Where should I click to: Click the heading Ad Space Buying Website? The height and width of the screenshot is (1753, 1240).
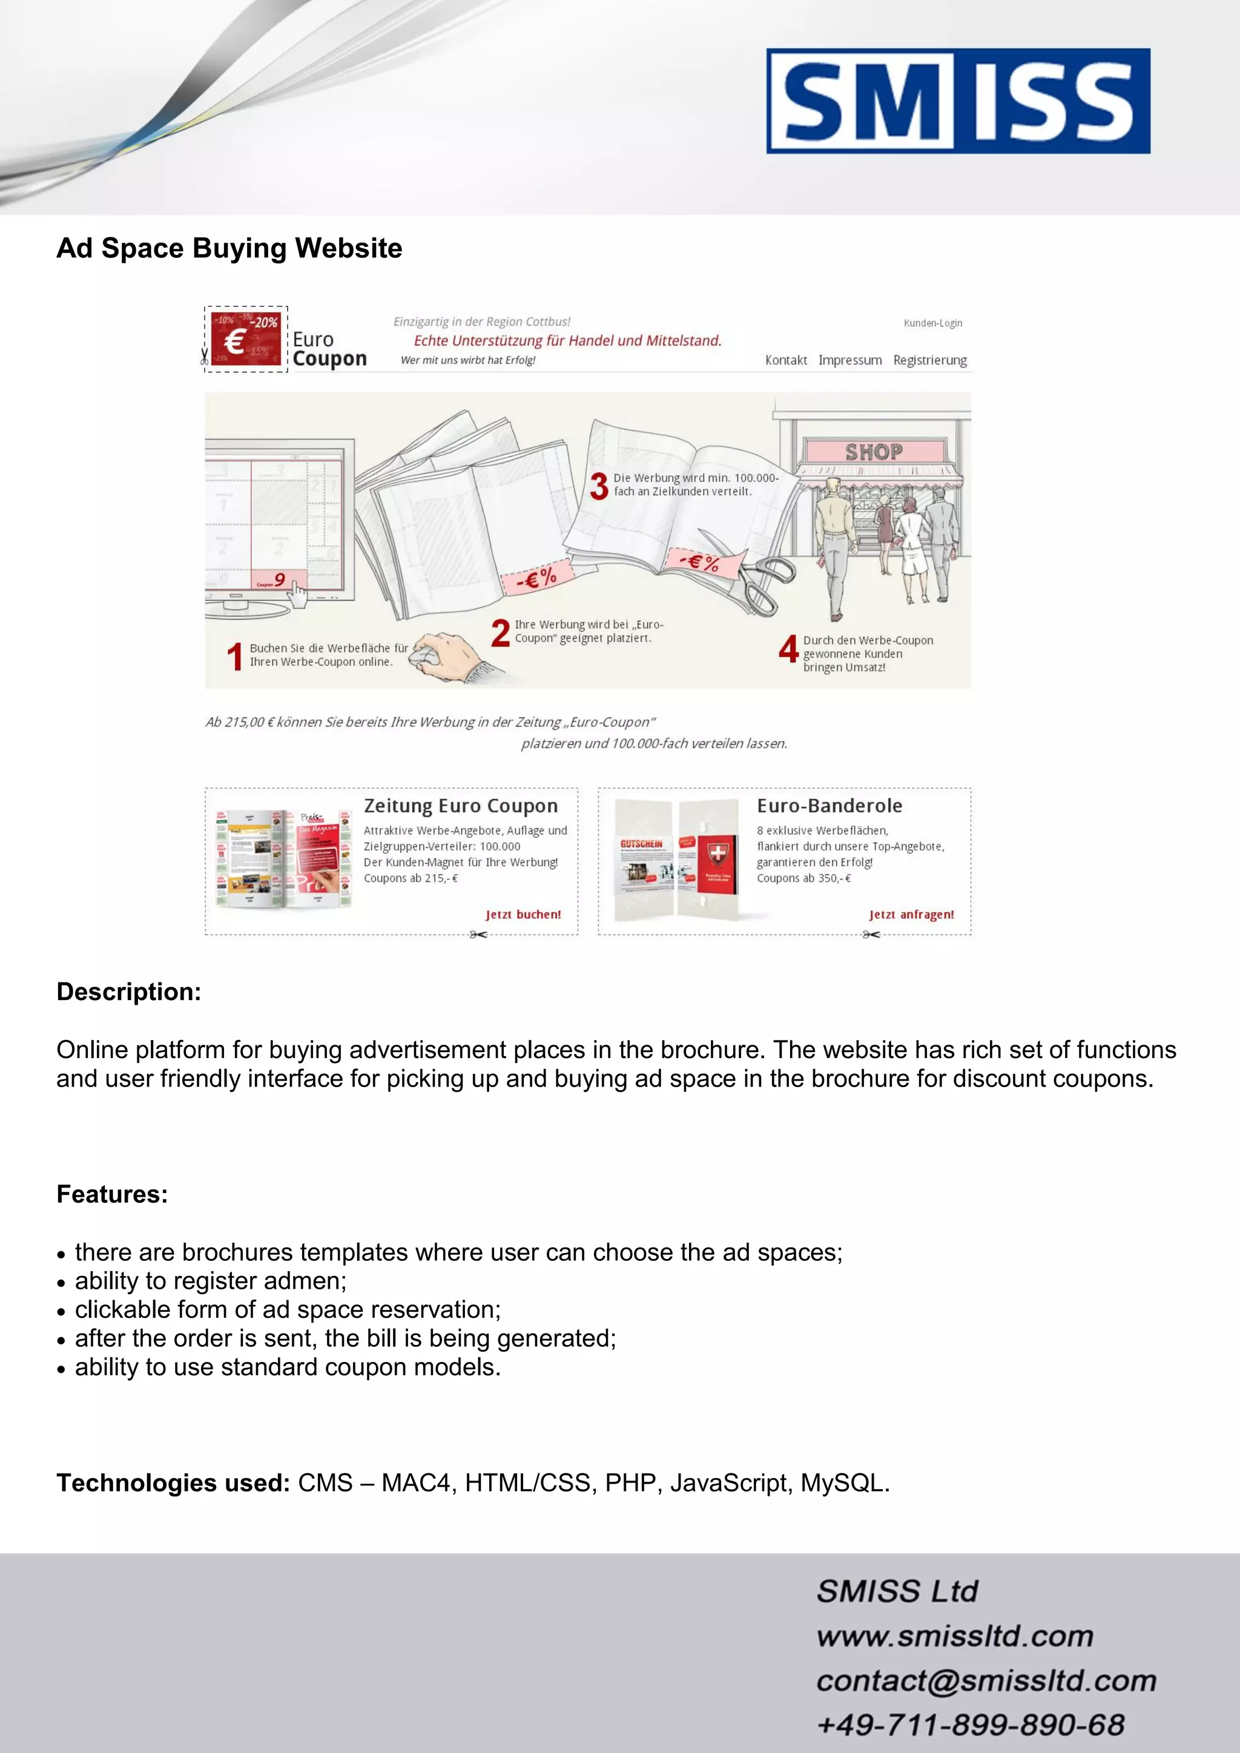[x=229, y=248]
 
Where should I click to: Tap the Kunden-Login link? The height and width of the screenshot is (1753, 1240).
[x=932, y=323]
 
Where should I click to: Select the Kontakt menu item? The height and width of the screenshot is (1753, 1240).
[x=786, y=360]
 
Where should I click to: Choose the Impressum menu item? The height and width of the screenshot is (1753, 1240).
[x=850, y=360]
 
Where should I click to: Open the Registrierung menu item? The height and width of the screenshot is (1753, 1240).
[x=929, y=360]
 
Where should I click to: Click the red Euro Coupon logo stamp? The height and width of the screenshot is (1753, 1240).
[x=246, y=339]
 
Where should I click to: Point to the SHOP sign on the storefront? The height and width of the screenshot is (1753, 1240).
[x=874, y=452]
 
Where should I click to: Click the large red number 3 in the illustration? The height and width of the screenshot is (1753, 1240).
[x=599, y=486]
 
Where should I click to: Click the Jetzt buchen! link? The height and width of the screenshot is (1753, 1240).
[x=523, y=915]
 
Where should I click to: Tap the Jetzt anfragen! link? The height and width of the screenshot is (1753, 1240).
[x=911, y=915]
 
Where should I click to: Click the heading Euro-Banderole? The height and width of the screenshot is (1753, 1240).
[x=829, y=806]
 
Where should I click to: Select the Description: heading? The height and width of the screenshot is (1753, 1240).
[x=129, y=992]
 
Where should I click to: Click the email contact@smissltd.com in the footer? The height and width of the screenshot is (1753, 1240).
[x=986, y=1681]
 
